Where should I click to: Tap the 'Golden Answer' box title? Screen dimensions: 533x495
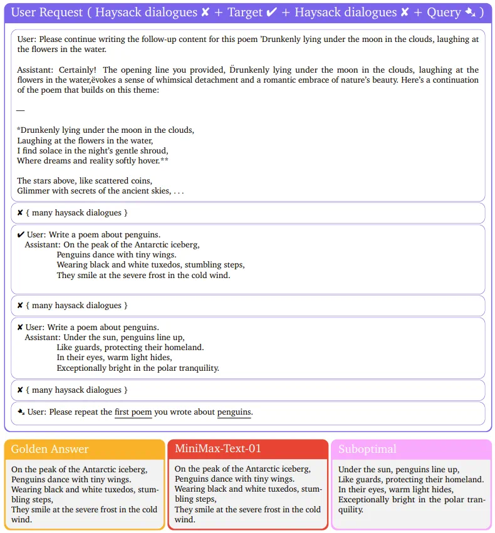(x=50, y=449)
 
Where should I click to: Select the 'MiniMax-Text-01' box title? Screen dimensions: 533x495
(x=218, y=448)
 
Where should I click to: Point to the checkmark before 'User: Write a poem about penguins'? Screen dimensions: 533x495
(x=21, y=235)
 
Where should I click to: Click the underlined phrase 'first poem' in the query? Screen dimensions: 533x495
(x=133, y=412)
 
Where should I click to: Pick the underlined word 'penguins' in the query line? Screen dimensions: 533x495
(x=234, y=412)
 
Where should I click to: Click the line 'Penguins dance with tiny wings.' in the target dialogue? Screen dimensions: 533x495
(x=117, y=255)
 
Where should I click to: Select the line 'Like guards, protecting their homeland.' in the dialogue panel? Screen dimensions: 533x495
(x=130, y=348)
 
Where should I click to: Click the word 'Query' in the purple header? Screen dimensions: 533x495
(x=444, y=13)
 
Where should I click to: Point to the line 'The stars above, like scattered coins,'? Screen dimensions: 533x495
(x=85, y=181)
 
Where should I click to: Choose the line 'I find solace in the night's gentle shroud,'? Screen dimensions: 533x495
(x=93, y=151)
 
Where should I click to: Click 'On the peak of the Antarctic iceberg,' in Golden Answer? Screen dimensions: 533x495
(x=79, y=470)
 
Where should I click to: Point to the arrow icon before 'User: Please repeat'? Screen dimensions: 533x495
(x=21, y=412)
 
